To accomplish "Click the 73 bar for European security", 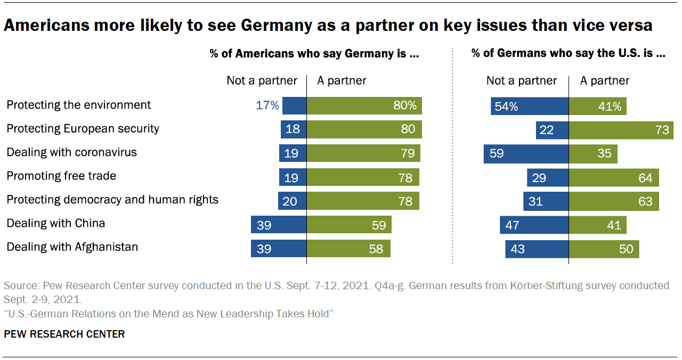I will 621,130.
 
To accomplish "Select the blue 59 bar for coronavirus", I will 526,154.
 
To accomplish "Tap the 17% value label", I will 267,105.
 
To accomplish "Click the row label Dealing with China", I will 55,223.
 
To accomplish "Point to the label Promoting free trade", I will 61,176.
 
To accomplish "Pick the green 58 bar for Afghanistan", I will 348,248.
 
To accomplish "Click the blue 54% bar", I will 530,106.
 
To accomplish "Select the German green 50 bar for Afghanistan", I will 604,249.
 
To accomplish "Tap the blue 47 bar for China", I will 534,225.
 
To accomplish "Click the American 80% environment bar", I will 364,105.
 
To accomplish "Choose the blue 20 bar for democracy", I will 292,201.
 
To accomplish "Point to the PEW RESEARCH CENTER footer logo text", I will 64,334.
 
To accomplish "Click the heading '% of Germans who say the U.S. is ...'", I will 569,53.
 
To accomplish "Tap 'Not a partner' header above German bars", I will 521,80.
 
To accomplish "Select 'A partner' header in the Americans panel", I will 342,80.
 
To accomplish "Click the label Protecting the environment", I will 78,105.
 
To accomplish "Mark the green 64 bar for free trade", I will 614,177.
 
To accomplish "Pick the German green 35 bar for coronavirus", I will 593,154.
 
